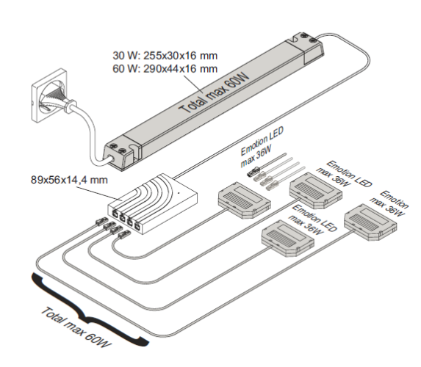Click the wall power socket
tap(48, 95)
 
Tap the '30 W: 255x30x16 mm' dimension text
tap(165, 56)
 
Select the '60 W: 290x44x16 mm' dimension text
tap(165, 69)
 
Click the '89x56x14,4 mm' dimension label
tap(69, 180)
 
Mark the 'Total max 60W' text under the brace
tap(76, 327)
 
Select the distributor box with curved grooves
tap(153, 203)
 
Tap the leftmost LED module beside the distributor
tap(244, 200)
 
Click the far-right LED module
tap(370, 222)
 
